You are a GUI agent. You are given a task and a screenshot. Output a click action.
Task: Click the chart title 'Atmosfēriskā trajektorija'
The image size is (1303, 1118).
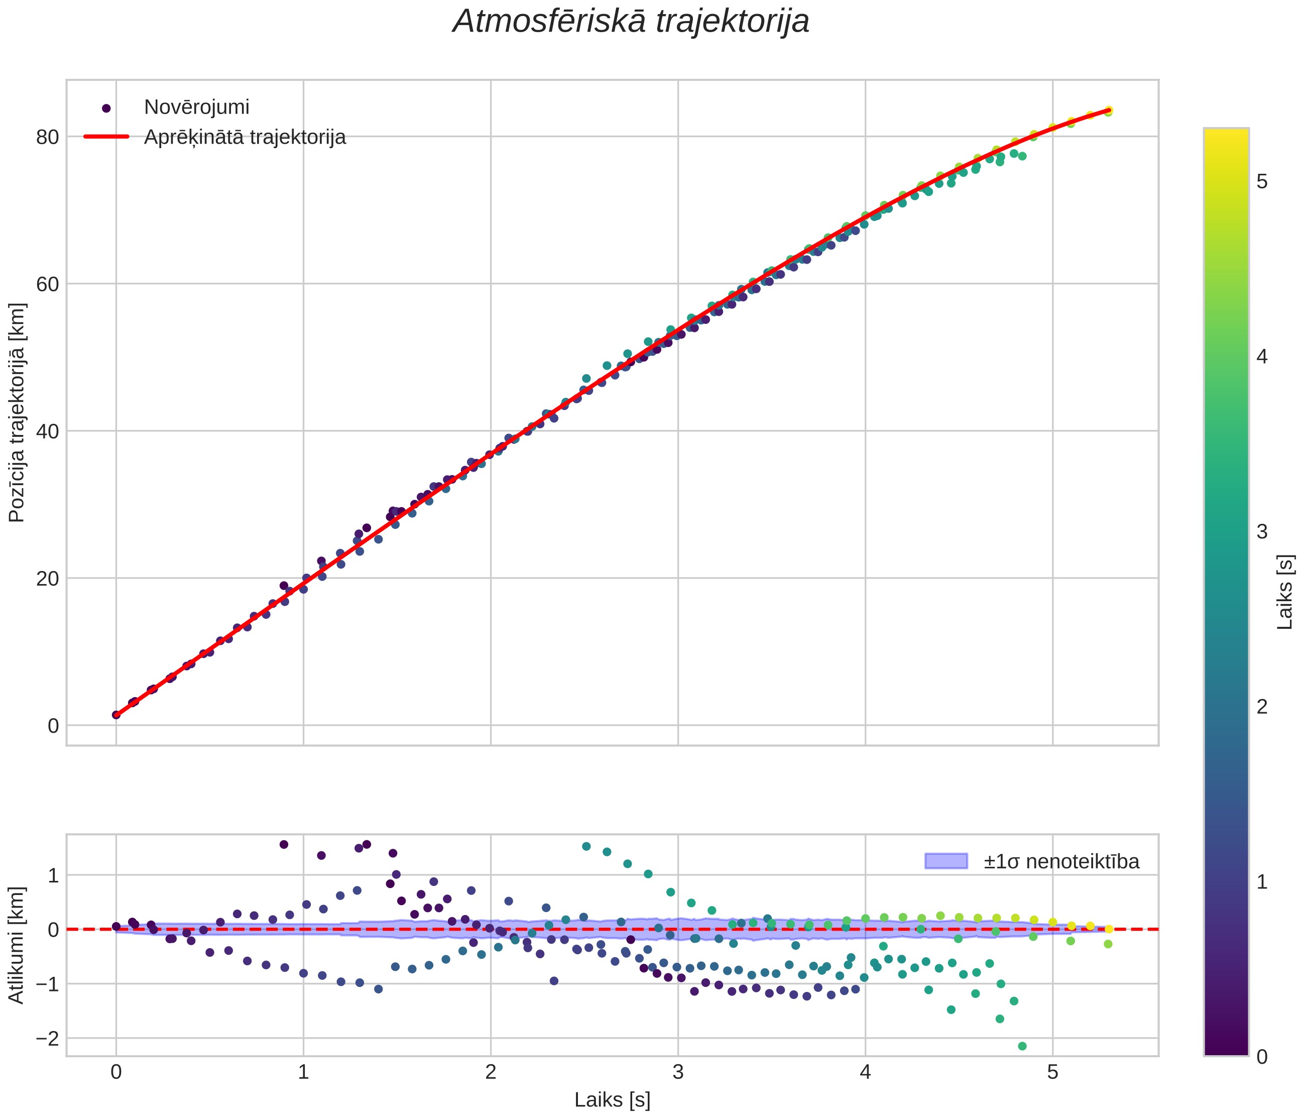[x=631, y=22]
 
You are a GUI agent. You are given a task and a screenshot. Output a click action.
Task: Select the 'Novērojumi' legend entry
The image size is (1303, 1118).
[x=196, y=107]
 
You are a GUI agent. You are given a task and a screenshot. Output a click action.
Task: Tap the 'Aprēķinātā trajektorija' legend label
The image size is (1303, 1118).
[x=245, y=137]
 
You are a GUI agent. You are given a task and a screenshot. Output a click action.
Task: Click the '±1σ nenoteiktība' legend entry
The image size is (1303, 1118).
[x=1061, y=861]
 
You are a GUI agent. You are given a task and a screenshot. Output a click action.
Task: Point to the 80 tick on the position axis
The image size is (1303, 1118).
[x=47, y=137]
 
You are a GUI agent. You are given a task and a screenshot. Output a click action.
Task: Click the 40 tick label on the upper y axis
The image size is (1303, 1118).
[x=47, y=431]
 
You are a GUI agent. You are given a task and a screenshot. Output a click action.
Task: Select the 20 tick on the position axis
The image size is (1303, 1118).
[x=47, y=579]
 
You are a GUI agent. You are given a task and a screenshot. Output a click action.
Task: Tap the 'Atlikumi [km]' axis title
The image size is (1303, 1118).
[x=17, y=945]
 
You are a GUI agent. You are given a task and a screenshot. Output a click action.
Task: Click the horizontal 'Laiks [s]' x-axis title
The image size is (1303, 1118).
[x=613, y=1100]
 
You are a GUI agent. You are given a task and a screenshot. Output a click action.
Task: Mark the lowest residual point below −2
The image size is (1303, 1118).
[x=1022, y=1046]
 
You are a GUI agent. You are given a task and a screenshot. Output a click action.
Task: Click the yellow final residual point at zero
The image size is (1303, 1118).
[x=1109, y=929]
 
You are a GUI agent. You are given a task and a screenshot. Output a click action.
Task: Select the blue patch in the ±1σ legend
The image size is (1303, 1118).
[x=946, y=861]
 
